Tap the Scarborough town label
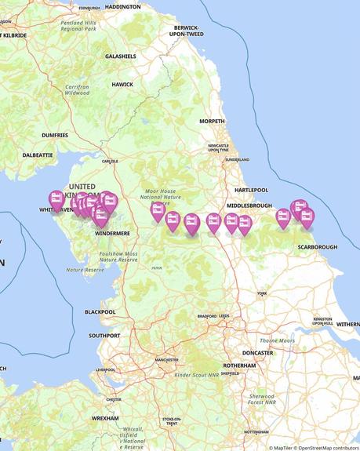(318, 247)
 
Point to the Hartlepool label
(251, 190)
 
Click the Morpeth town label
(212, 122)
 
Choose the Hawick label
(122, 85)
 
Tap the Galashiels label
(120, 56)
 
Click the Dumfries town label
(55, 135)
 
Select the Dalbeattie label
(37, 155)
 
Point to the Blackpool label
(100, 311)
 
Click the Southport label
(104, 336)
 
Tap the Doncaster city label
(257, 353)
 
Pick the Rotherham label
(239, 366)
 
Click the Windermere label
(111, 233)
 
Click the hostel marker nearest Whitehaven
(56, 199)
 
